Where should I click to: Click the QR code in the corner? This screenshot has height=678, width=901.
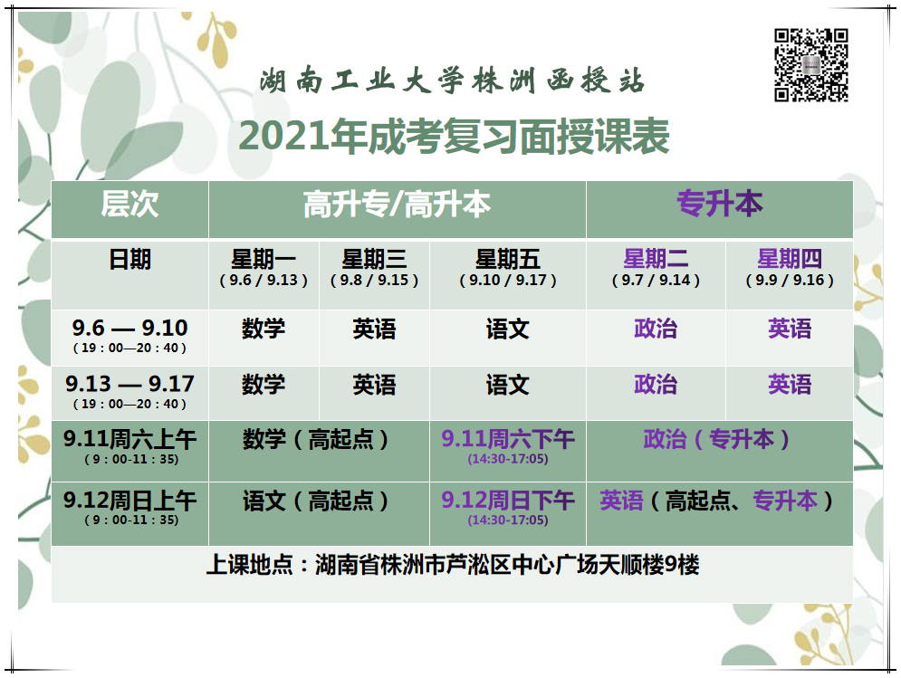click(810, 65)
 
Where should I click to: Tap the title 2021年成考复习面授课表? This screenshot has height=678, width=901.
click(454, 136)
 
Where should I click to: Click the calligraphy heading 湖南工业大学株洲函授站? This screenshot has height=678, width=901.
click(452, 81)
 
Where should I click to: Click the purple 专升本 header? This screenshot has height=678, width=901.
click(719, 204)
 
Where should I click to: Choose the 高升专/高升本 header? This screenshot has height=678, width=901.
click(397, 205)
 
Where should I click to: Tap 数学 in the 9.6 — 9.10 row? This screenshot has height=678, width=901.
click(264, 329)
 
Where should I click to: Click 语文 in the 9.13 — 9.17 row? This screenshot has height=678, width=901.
click(508, 385)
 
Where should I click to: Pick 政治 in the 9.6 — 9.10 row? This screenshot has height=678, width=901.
click(656, 329)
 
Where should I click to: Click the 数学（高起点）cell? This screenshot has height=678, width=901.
click(315, 440)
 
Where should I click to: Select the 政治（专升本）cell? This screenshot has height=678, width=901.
click(716, 440)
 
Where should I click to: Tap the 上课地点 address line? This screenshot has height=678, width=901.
click(453, 566)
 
